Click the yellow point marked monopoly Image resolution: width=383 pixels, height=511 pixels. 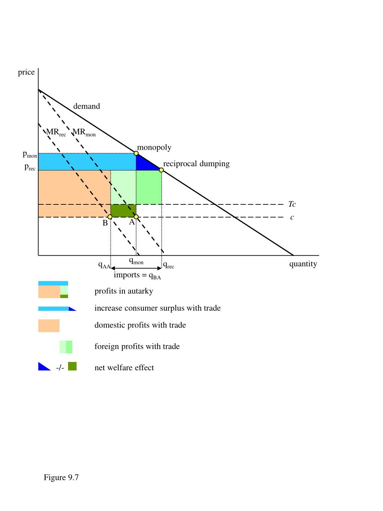(136, 153)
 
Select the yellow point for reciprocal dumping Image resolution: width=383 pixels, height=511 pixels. (161, 170)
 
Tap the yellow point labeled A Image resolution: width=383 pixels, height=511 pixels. (136, 217)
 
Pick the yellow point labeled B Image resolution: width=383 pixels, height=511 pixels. (110, 217)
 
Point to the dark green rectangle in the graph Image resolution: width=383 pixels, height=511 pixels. (123, 211)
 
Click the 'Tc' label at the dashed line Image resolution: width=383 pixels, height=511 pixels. (292, 204)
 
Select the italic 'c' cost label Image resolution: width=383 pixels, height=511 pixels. (292, 217)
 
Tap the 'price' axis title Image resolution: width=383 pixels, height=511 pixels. (26, 72)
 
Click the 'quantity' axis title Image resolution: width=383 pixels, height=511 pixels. (303, 264)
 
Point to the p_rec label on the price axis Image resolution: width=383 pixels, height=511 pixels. (30, 167)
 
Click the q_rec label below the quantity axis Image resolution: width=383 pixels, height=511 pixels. (169, 265)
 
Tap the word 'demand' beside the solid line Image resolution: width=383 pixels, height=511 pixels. (86, 106)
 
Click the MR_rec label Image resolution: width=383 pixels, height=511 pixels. (56, 133)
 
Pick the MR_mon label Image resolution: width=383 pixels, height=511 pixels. (84, 133)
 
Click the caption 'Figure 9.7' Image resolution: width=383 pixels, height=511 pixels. (61, 477)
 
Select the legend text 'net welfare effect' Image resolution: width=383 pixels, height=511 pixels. (124, 368)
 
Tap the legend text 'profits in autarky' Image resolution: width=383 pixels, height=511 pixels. (124, 291)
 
